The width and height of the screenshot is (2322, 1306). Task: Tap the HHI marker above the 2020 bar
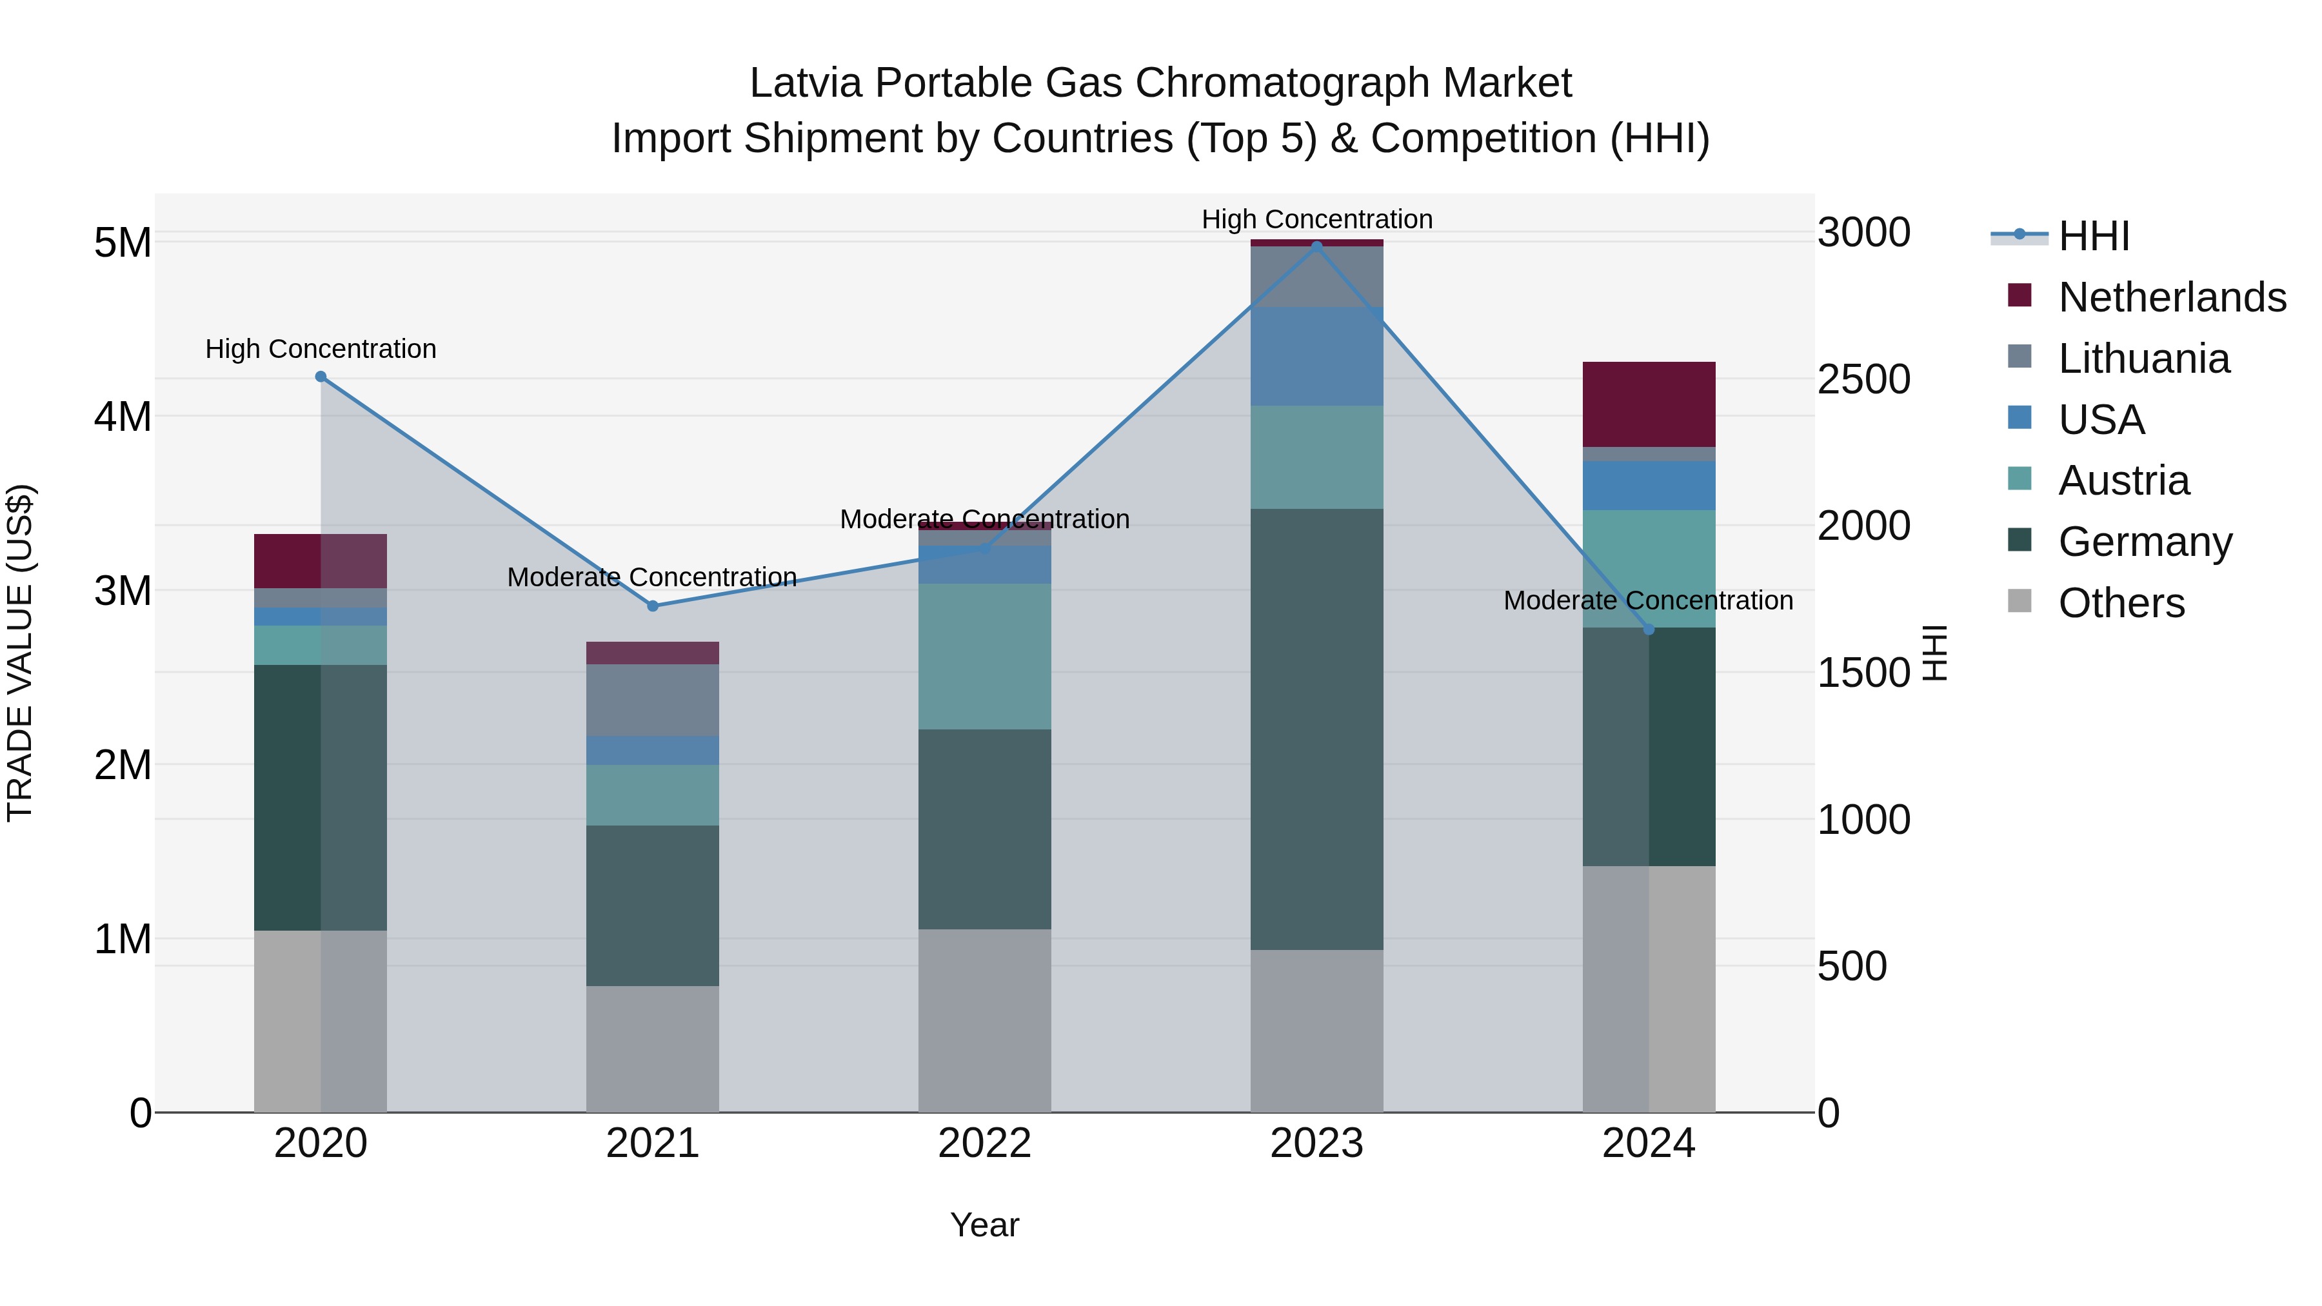[x=321, y=377]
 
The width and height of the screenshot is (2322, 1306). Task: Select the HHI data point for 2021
[x=653, y=606]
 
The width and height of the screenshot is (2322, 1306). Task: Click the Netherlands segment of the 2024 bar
[x=1649, y=404]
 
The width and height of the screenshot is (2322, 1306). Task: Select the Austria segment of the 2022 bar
[x=984, y=656]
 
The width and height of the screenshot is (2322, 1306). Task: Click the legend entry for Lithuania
[x=2143, y=359]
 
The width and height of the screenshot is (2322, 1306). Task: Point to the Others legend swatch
[x=2020, y=601]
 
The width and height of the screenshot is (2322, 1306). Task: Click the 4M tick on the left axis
[x=123, y=417]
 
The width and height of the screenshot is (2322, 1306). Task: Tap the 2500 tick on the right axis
[x=1863, y=379]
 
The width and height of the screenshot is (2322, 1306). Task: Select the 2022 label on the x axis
[x=984, y=1143]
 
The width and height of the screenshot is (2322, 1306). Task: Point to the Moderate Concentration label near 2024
[x=1648, y=600]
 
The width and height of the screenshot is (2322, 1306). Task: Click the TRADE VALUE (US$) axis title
[x=20, y=653]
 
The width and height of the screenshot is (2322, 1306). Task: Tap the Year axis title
[x=984, y=1225]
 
